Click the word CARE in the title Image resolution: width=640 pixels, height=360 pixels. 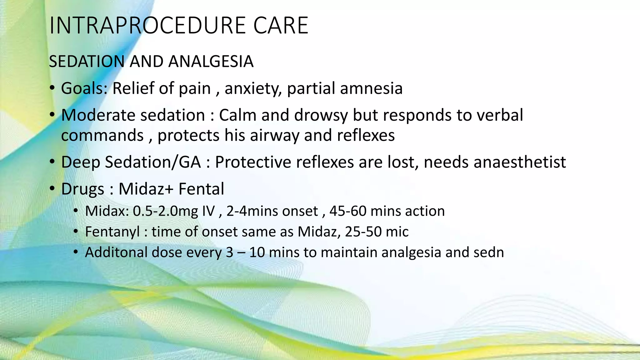(281, 26)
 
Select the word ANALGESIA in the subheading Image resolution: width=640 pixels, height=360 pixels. (211, 61)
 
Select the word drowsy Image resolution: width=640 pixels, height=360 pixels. (321, 116)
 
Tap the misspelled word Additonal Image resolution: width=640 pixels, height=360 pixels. (116, 252)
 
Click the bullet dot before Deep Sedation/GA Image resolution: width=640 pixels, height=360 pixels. (52, 162)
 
